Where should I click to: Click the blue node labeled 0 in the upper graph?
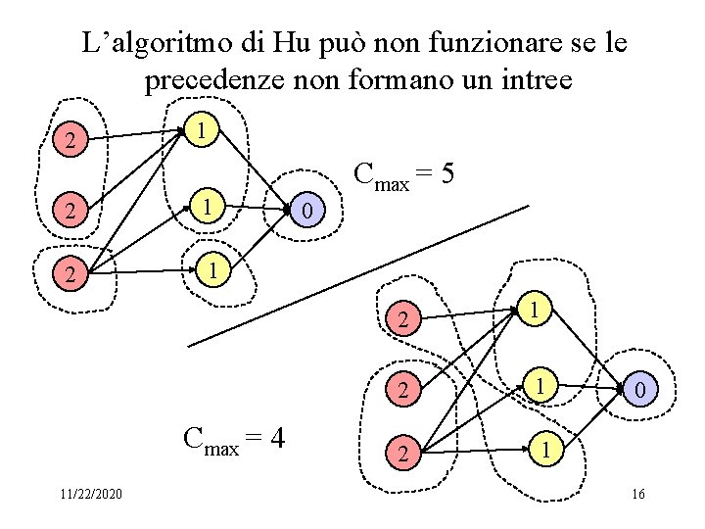point(307,210)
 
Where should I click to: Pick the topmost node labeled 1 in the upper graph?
point(200,128)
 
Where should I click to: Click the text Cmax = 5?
point(403,175)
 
